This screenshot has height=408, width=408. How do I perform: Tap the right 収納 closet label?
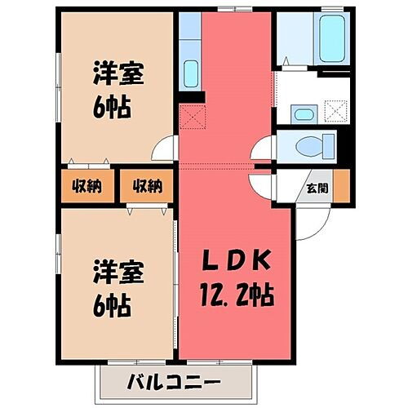pyautogui.click(x=146, y=186)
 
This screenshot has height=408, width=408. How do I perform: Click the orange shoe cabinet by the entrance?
pyautogui.click(x=343, y=186)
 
